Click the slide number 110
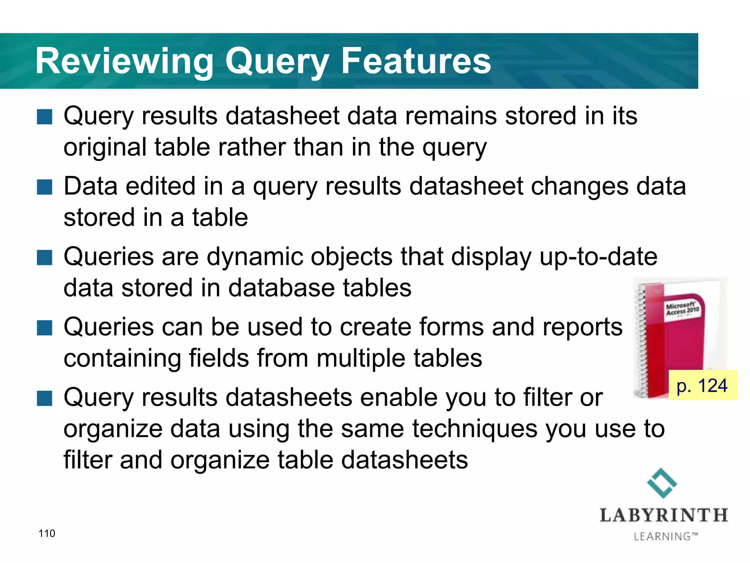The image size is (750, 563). [47, 533]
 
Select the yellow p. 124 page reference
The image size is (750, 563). [702, 386]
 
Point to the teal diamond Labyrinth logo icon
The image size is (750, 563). [662, 483]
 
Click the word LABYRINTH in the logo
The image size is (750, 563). [664, 515]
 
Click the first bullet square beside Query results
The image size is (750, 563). [45, 117]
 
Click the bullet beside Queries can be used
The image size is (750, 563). [45, 328]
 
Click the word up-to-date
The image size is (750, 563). [598, 257]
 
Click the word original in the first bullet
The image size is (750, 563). [105, 147]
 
